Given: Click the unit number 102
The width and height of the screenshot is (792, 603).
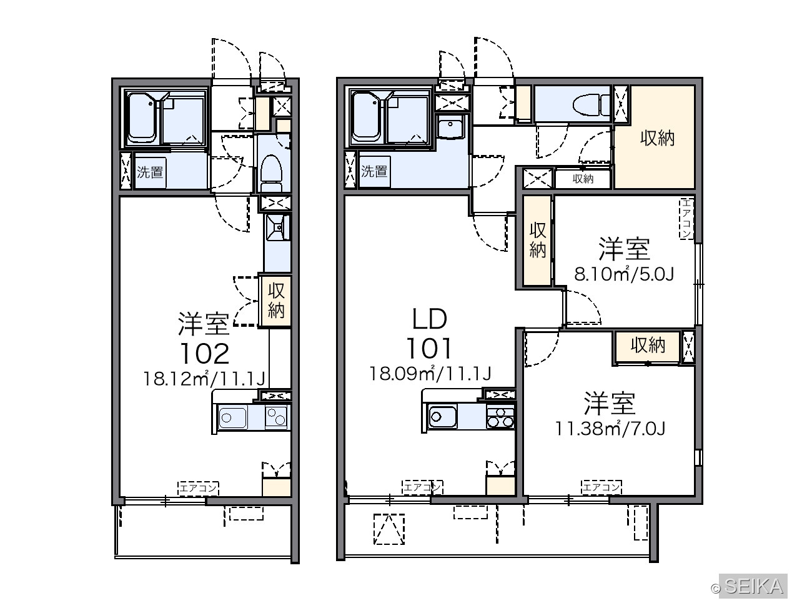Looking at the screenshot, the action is (204, 354).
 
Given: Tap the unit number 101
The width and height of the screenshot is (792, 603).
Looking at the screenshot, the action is (429, 349).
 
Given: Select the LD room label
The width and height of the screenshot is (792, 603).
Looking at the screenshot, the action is (429, 319).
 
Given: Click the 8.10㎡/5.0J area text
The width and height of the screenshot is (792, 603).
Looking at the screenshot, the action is (624, 274).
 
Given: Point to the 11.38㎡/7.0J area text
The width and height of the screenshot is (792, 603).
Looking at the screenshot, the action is (610, 429).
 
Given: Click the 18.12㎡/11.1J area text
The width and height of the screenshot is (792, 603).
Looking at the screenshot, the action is (204, 379).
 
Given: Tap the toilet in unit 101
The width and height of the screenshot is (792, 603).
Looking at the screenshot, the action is (592, 104).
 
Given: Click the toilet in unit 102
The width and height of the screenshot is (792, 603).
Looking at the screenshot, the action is (271, 173).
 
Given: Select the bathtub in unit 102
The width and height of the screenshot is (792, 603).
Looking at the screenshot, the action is (142, 118).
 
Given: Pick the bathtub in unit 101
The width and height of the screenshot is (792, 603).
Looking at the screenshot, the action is (367, 117).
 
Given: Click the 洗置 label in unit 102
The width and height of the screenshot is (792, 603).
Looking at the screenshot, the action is (150, 172).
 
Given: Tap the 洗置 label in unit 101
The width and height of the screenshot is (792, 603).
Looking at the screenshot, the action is (374, 171).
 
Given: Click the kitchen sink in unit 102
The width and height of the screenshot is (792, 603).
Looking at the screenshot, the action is (232, 417).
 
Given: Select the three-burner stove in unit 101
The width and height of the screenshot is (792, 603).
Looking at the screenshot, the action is (500, 417).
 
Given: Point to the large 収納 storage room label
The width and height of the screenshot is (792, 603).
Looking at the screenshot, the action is (658, 138).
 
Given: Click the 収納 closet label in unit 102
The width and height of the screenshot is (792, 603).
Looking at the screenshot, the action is (276, 301).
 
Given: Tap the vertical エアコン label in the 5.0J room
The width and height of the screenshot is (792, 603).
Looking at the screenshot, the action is (686, 218).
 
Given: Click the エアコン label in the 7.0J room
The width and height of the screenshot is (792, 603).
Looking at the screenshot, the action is (601, 487).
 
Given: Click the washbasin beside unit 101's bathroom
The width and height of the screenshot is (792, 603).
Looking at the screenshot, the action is (450, 127).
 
